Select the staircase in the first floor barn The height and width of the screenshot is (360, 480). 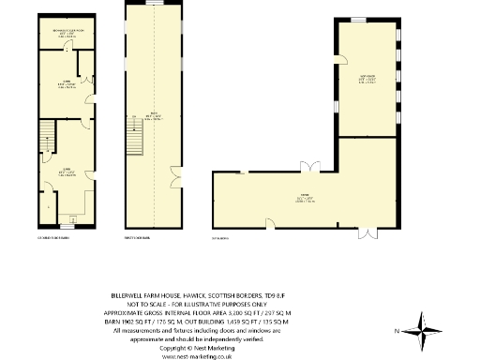[134, 142]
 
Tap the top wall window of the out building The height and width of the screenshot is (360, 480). [357, 20]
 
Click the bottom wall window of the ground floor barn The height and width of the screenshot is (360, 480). [67, 226]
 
